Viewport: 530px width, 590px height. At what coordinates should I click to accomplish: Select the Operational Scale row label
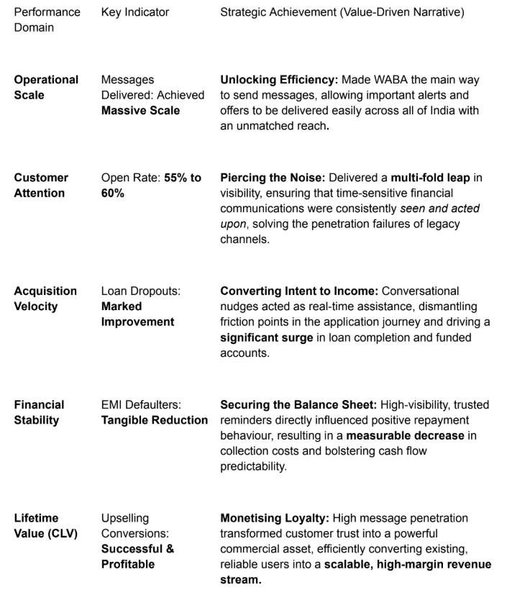(46, 88)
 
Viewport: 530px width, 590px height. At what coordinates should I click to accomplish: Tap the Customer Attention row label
(41, 185)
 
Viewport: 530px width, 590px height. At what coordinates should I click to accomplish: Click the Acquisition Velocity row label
(45, 299)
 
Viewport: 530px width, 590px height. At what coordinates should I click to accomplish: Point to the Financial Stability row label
(39, 412)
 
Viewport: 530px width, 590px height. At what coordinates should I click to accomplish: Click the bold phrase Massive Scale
(141, 111)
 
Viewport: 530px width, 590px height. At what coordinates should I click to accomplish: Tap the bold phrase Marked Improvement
(137, 314)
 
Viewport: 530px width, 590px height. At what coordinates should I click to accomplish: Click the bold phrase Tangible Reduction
(154, 420)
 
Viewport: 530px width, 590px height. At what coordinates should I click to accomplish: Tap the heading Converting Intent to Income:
(299, 291)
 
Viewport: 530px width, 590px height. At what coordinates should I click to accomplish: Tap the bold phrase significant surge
(267, 337)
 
